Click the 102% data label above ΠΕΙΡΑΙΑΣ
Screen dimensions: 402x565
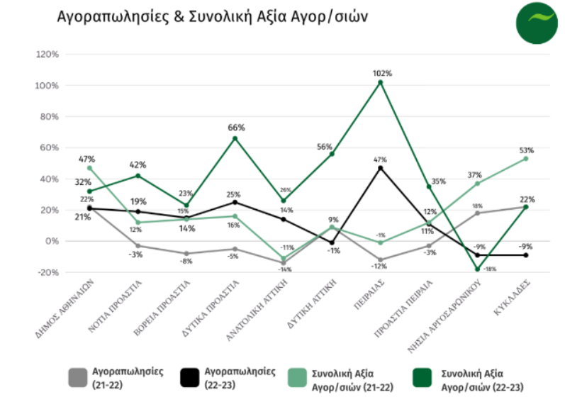coord(380,73)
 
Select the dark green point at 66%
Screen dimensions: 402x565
coord(235,138)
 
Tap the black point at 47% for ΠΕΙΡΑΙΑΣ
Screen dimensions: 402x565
coord(380,168)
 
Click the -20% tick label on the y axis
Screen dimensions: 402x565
coord(47,272)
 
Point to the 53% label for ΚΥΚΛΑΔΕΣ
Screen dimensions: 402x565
coord(525,150)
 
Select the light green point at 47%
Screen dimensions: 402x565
coord(90,168)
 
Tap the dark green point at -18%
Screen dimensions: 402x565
coord(477,269)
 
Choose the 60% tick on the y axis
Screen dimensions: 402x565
coord(47,147)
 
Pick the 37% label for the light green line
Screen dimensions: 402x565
coord(475,175)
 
